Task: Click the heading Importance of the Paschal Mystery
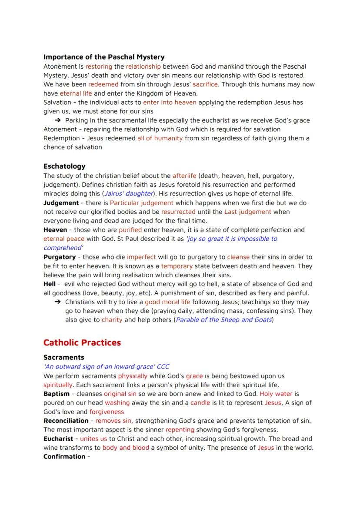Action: click(x=104, y=57)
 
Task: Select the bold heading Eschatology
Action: click(x=64, y=166)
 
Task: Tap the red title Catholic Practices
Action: click(x=82, y=342)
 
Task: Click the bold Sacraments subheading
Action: click(x=64, y=357)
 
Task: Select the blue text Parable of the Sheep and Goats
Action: click(x=223, y=320)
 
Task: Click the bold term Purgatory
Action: click(x=60, y=257)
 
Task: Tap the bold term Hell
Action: click(x=49, y=284)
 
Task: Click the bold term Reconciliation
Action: click(x=66, y=421)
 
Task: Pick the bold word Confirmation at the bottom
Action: click(x=64, y=456)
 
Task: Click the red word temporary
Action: click(x=177, y=266)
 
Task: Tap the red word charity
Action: click(x=112, y=320)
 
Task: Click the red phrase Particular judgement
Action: click(x=141, y=203)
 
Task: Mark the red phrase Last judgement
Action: click(x=247, y=212)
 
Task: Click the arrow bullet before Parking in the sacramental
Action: click(x=57, y=120)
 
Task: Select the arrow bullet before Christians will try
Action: click(x=57, y=302)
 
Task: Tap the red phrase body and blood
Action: click(x=126, y=448)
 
